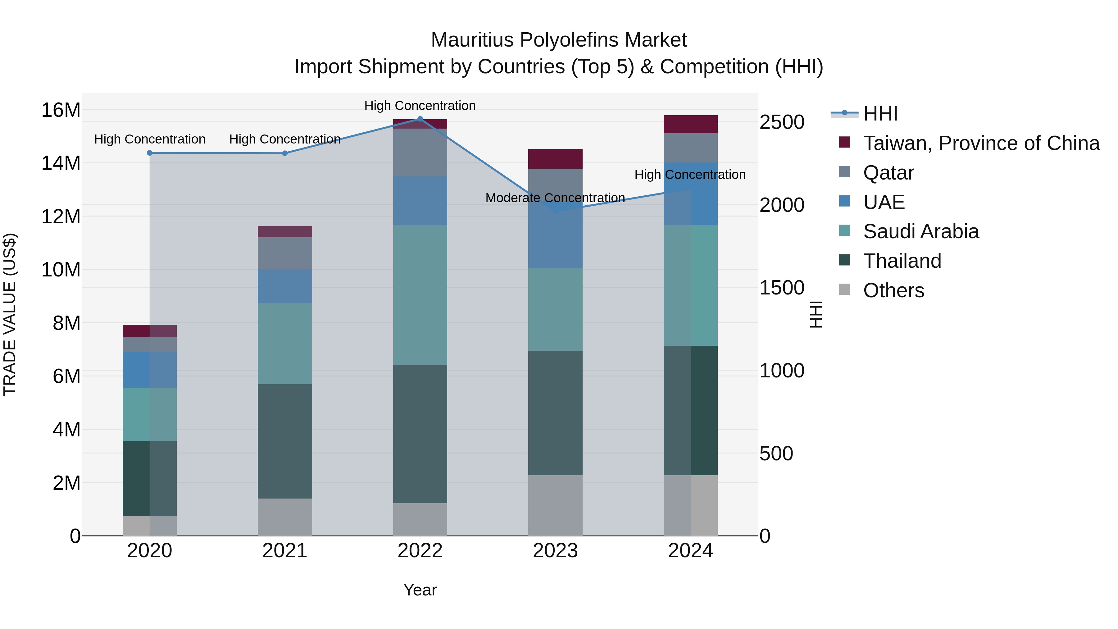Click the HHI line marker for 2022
point(420,119)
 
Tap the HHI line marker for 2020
point(150,153)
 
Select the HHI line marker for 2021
point(285,153)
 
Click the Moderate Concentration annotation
point(555,198)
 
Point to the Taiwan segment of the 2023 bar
point(555,159)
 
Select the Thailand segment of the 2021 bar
point(285,441)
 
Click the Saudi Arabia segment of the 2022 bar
point(420,295)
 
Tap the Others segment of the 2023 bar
point(555,505)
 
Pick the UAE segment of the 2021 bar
point(285,286)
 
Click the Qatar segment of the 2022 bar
point(420,153)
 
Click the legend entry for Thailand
point(902,261)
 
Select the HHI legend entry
point(880,114)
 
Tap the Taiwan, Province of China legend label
point(981,143)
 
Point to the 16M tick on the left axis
point(61,110)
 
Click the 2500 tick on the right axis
point(782,122)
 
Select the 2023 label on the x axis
point(555,551)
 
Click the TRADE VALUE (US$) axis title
point(10,314)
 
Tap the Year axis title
point(420,590)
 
